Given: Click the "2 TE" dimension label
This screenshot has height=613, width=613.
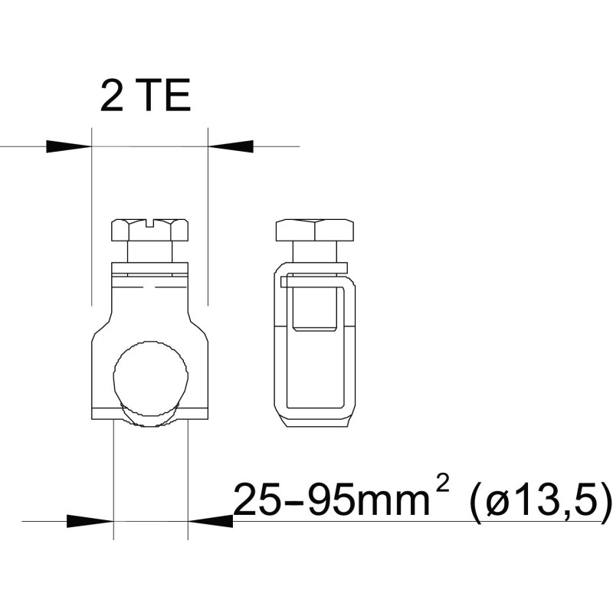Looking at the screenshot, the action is [x=146, y=95].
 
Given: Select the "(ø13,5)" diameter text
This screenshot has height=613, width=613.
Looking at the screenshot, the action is [x=541, y=500].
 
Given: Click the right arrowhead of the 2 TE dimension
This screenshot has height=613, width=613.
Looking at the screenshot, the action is [x=231, y=146].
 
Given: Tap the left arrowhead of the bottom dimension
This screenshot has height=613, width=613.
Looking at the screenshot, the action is [x=90, y=521].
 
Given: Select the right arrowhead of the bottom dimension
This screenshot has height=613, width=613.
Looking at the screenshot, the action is [x=211, y=521].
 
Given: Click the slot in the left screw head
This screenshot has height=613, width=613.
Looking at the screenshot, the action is [x=150, y=223].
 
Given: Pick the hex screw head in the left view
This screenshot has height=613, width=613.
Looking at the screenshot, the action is [x=150, y=230].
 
